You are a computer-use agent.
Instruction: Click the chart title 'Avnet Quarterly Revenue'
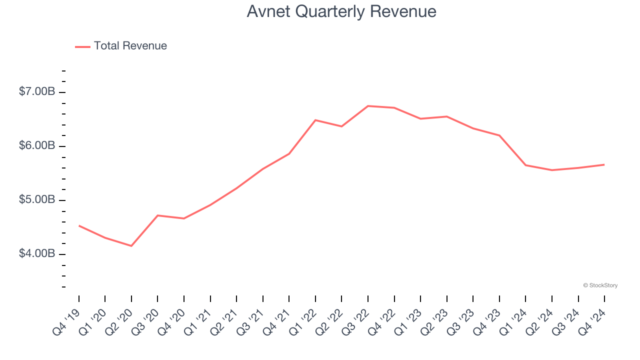click(x=341, y=11)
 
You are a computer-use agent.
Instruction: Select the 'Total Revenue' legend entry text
click(x=130, y=46)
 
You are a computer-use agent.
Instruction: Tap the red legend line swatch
click(x=82, y=46)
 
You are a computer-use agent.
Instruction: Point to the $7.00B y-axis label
click(x=37, y=92)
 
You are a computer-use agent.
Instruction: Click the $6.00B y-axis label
click(x=37, y=146)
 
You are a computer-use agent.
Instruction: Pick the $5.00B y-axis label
click(x=37, y=200)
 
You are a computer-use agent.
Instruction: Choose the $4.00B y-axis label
click(x=37, y=254)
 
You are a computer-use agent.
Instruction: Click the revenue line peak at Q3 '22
click(x=368, y=106)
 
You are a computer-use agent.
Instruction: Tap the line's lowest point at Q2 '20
click(x=131, y=246)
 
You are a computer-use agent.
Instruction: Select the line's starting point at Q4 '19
click(x=79, y=225)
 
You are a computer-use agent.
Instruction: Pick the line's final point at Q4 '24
click(x=604, y=164)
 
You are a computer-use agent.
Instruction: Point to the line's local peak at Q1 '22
click(x=315, y=120)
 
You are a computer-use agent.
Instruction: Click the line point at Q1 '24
click(x=525, y=165)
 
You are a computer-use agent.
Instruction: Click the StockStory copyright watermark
click(x=600, y=285)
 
